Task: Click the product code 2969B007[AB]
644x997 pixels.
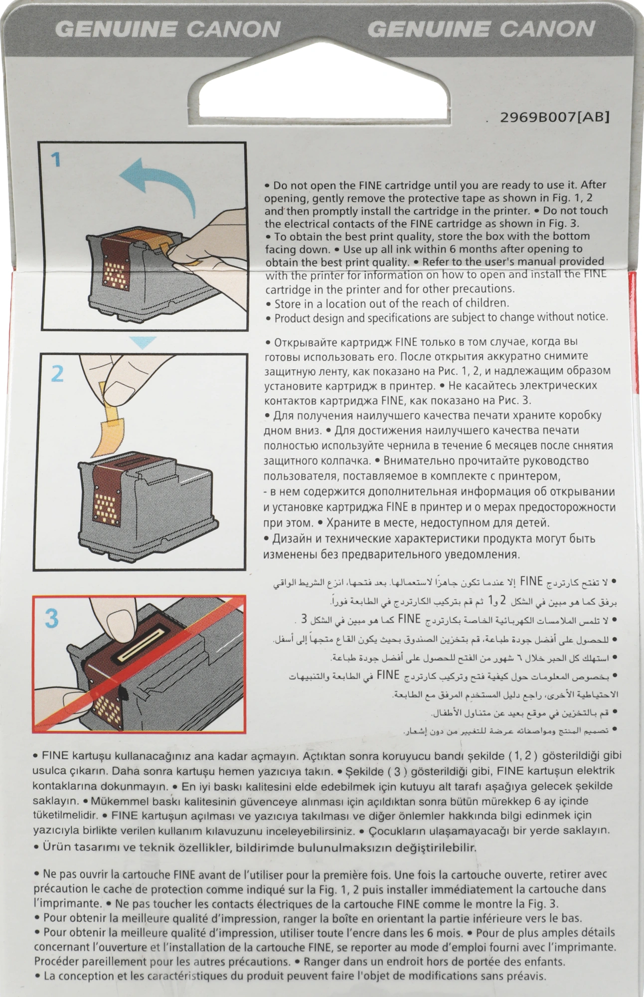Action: (x=554, y=117)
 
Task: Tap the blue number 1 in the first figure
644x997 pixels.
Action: (x=56, y=160)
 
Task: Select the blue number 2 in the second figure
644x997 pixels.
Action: (x=57, y=373)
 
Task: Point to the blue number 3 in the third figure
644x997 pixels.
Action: (x=51, y=618)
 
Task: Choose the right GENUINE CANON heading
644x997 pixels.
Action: (x=481, y=29)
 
